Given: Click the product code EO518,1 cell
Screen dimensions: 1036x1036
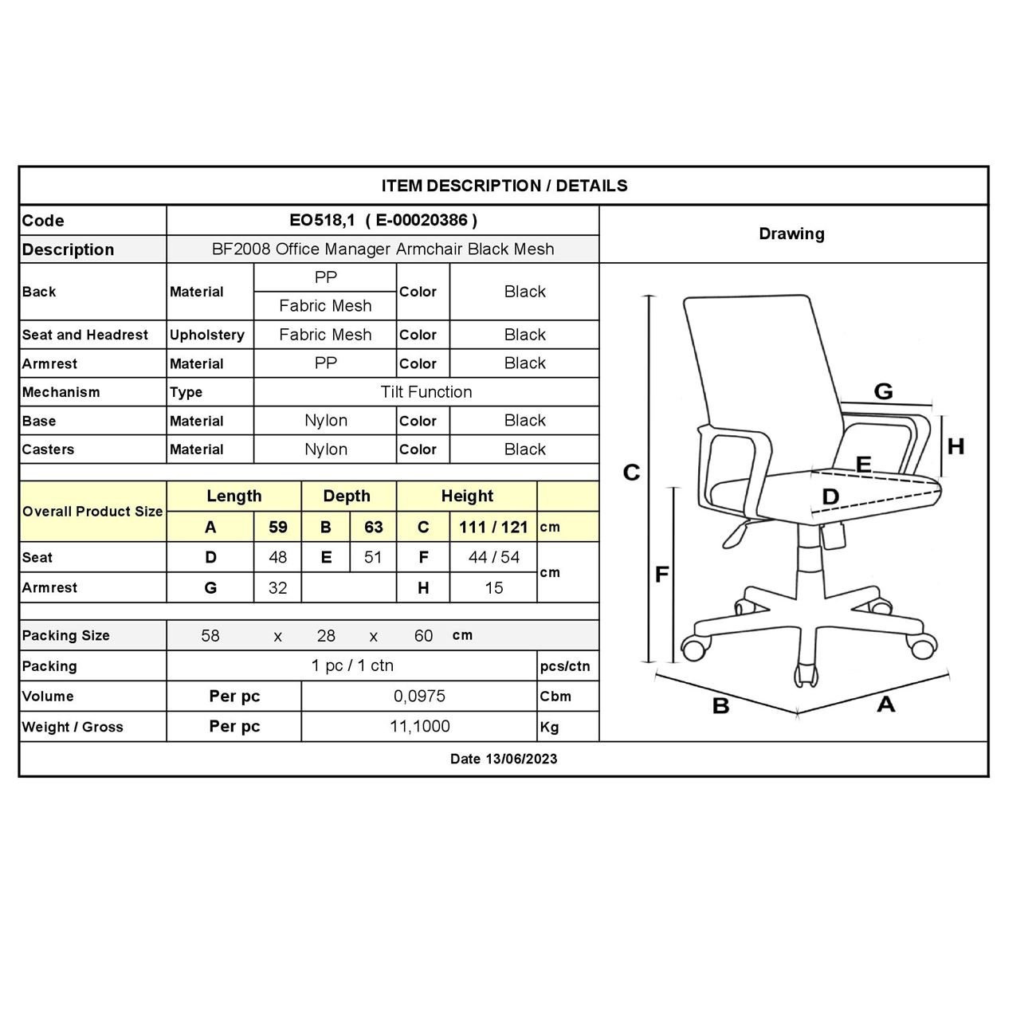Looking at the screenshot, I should click(383, 221).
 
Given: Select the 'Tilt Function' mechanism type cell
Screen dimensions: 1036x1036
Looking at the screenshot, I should click(426, 392).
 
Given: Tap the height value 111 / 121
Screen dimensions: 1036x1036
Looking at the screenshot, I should click(493, 527).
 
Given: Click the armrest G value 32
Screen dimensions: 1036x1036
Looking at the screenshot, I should click(277, 588).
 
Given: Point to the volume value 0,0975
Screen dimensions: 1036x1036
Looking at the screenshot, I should click(419, 696).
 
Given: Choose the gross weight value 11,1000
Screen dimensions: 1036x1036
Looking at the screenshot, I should click(419, 727).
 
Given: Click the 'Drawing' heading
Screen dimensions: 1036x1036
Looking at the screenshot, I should click(791, 233).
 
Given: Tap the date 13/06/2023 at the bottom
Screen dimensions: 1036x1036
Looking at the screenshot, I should click(504, 759).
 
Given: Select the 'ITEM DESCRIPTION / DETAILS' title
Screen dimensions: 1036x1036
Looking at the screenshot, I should click(504, 186).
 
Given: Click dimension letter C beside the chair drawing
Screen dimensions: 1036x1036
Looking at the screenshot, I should click(631, 473).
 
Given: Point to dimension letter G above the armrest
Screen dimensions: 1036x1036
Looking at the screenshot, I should click(883, 391).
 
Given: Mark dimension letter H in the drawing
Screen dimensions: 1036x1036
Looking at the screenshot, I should click(956, 446).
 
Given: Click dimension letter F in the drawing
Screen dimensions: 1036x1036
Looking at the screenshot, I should click(661, 575).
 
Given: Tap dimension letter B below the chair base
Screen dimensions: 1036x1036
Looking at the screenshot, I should click(720, 706).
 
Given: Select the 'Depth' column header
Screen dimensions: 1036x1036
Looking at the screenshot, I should click(347, 496).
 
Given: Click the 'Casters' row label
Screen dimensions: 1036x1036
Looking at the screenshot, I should click(48, 449).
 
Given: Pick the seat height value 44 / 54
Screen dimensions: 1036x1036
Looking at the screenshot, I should click(493, 557).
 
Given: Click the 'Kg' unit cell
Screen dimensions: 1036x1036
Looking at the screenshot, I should click(549, 727).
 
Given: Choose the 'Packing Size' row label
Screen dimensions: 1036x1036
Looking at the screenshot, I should click(66, 635).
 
